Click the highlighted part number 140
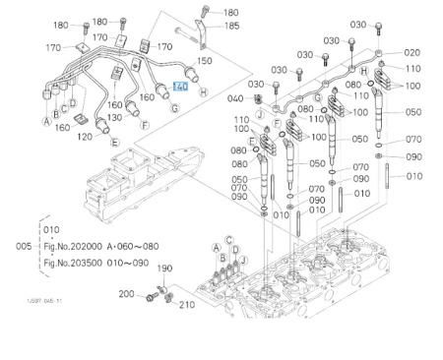(179, 86)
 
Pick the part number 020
(411, 52)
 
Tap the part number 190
(165, 268)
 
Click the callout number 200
(127, 293)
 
